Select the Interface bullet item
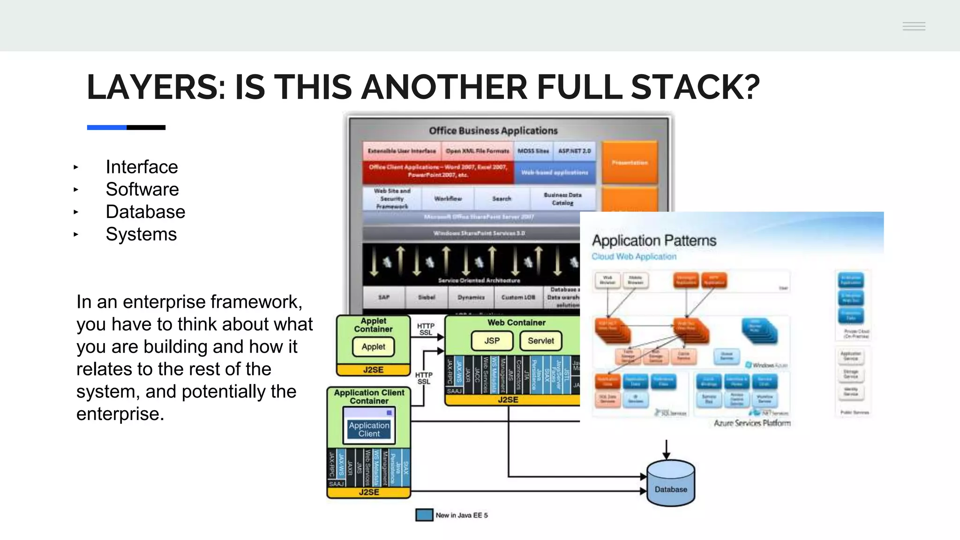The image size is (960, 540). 142,167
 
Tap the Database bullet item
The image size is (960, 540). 145,212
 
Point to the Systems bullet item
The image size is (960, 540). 141,234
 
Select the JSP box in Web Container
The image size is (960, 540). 492,341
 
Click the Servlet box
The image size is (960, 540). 540,341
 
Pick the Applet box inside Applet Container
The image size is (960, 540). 373,347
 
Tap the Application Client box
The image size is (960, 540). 369,429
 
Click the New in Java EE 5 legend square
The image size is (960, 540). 424,515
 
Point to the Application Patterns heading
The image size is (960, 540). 654,240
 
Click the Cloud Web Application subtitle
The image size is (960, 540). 634,256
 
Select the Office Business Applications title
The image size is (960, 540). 493,131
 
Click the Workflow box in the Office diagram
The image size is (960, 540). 448,199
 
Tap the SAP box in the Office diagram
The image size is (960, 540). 383,297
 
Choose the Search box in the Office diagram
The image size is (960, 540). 502,199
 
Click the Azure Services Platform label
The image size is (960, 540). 752,423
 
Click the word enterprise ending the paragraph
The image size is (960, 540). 120,414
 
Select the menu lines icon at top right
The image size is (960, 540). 914,26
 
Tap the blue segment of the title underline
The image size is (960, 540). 106,127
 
